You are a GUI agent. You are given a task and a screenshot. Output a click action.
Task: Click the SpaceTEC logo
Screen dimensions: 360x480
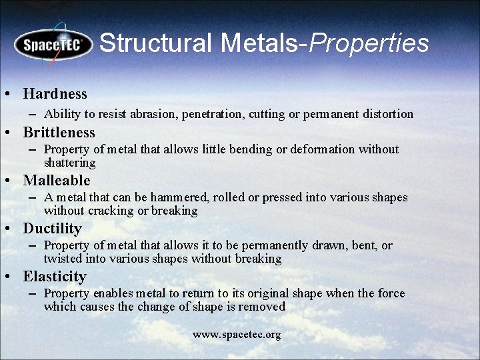pos(53,44)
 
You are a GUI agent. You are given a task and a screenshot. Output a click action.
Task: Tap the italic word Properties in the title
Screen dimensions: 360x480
pos(369,43)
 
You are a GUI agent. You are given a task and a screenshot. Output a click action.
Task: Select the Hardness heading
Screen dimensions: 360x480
pos(55,94)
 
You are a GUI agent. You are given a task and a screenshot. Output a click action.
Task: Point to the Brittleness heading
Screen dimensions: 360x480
pos(59,133)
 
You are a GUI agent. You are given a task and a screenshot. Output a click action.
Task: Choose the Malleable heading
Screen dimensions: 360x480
pos(56,181)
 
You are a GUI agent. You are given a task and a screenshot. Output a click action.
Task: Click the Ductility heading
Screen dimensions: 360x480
pos(52,229)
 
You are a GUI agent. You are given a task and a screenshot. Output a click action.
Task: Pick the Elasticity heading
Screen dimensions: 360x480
pos(55,277)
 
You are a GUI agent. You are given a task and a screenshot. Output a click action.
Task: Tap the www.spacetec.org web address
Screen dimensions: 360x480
pos(237,335)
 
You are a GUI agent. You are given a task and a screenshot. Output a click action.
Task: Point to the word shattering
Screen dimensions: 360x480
pos(70,163)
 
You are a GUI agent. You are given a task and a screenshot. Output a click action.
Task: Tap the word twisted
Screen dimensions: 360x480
pos(61,259)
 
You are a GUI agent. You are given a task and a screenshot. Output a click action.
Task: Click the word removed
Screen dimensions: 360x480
pos(263,307)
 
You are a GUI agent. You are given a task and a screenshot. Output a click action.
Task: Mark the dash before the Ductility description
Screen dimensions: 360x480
pos(32,246)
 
